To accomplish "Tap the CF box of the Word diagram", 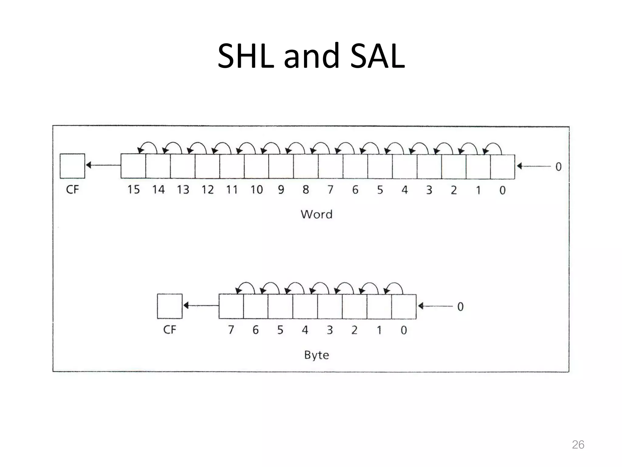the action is click(72, 166).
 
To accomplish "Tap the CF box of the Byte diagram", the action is click(169, 306).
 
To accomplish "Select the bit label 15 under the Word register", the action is click(133, 190).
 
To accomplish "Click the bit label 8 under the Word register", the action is click(306, 190).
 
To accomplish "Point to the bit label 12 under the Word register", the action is click(207, 190).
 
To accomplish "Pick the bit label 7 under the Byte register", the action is click(231, 330).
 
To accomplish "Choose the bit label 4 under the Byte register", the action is click(305, 330).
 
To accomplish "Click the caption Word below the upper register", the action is click(316, 214).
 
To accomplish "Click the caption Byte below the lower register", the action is click(316, 355).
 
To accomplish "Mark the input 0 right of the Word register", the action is click(558, 167).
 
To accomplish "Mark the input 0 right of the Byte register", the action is click(460, 306).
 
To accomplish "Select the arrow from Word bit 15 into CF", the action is click(103, 165).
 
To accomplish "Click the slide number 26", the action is click(578, 445).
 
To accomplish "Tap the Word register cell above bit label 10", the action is click(256, 166).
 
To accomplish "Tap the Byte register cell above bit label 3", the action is click(330, 306).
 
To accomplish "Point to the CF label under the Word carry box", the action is click(72, 190).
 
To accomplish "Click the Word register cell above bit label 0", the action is click(502, 167).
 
